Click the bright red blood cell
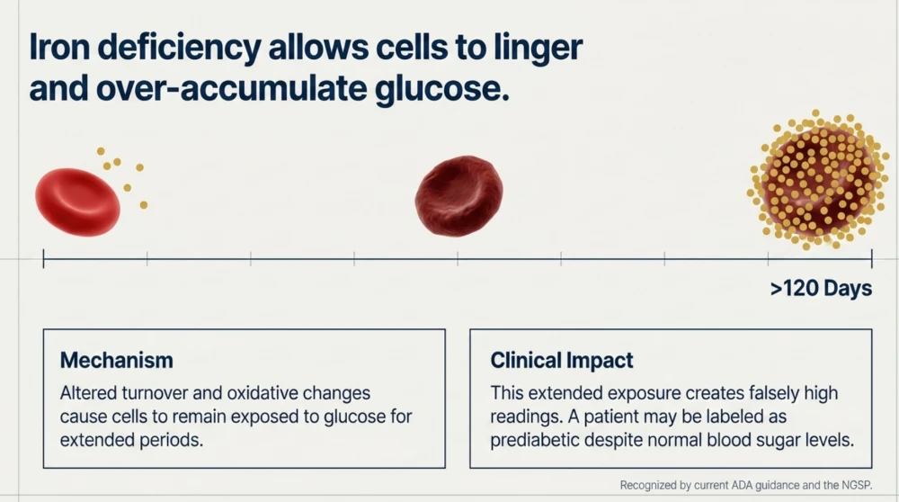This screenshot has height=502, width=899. pos(77,202)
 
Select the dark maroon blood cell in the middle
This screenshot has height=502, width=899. pos(458,195)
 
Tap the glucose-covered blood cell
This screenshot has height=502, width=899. pos(818,181)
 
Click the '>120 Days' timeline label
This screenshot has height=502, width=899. pos(821,288)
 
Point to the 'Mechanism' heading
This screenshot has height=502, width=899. pos(116,360)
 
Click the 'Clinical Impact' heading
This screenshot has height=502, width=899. pos(561,360)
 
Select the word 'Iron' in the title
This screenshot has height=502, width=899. pos(59,47)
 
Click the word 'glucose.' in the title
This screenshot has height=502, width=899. pos(442,89)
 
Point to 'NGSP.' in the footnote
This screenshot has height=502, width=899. pos(857,486)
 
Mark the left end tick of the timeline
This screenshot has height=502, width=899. pos(43,259)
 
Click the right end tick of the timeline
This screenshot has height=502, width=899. pos(871,259)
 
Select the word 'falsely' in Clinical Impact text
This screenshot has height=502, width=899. pos(776,393)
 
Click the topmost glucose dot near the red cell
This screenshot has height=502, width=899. pos(101,151)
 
